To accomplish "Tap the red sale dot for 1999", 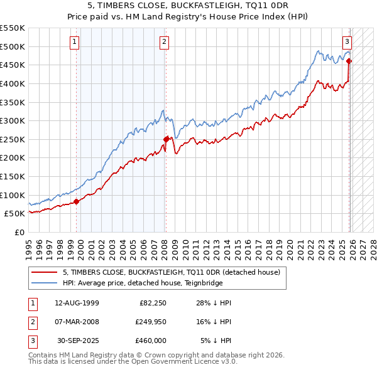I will click(77, 201).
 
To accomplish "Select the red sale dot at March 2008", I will click(166, 139).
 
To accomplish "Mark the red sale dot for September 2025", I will click(349, 61).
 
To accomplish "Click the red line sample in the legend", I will click(45, 272).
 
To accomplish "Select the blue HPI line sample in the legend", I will click(45, 283).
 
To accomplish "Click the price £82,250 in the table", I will click(151, 303).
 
